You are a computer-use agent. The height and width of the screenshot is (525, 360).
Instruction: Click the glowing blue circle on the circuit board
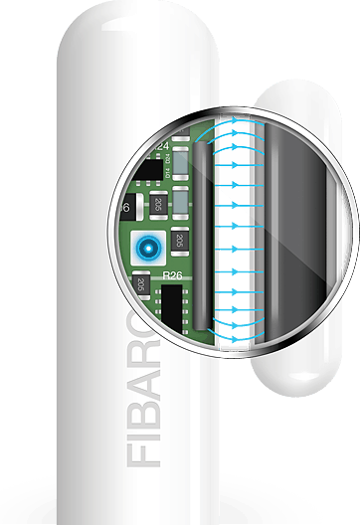coord(149,246)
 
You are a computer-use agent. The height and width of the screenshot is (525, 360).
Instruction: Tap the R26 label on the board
coord(173,274)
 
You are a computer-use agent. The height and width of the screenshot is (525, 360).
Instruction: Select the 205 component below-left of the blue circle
coord(142,284)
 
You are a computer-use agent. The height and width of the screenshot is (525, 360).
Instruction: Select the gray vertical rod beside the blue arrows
coord(202,239)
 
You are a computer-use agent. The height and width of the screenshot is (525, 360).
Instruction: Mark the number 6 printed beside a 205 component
coord(126,208)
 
